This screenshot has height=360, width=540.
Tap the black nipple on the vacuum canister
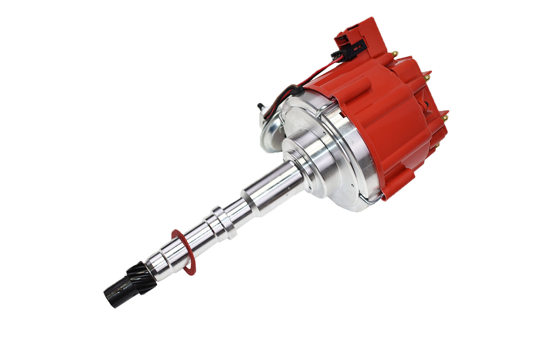(260, 107)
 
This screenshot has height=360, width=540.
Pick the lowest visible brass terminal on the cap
(437, 145)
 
